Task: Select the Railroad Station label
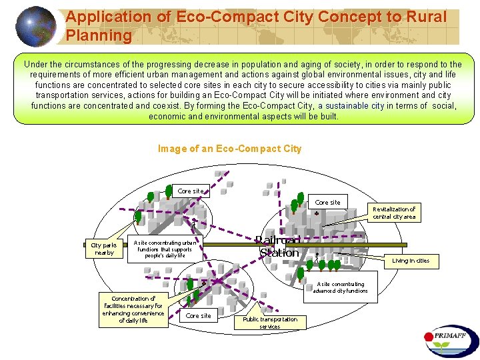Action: click(279, 246)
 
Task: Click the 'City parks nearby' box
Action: click(105, 249)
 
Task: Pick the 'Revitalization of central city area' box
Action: click(394, 213)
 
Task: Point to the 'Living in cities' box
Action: click(411, 261)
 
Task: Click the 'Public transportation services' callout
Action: click(270, 323)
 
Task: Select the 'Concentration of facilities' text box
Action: click(133, 309)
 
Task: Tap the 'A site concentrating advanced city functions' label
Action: click(340, 287)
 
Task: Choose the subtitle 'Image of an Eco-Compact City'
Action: click(230, 149)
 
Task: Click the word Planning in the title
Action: click(99, 35)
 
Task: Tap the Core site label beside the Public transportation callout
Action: click(199, 315)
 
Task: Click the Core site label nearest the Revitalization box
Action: click(327, 202)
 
